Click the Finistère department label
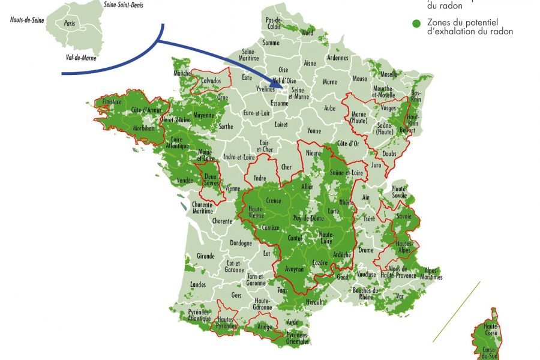pos(112,103)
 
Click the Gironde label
pos(205,256)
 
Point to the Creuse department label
pos(274,201)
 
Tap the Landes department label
pos(197,284)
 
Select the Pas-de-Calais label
pos(274,23)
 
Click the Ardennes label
pos(338,58)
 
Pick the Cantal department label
pos(295,238)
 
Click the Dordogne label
pos(241,244)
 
